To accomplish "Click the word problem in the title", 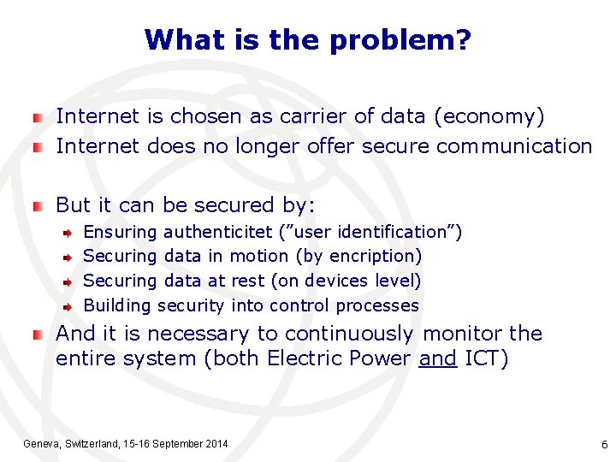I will [408, 39].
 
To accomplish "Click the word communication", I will [514, 146].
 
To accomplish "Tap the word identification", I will [396, 232].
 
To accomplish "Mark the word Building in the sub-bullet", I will [117, 305].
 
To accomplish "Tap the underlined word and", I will [438, 358].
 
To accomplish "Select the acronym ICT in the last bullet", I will [485, 358].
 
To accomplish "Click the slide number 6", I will [604, 445].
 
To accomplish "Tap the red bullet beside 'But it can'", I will [37, 205].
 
